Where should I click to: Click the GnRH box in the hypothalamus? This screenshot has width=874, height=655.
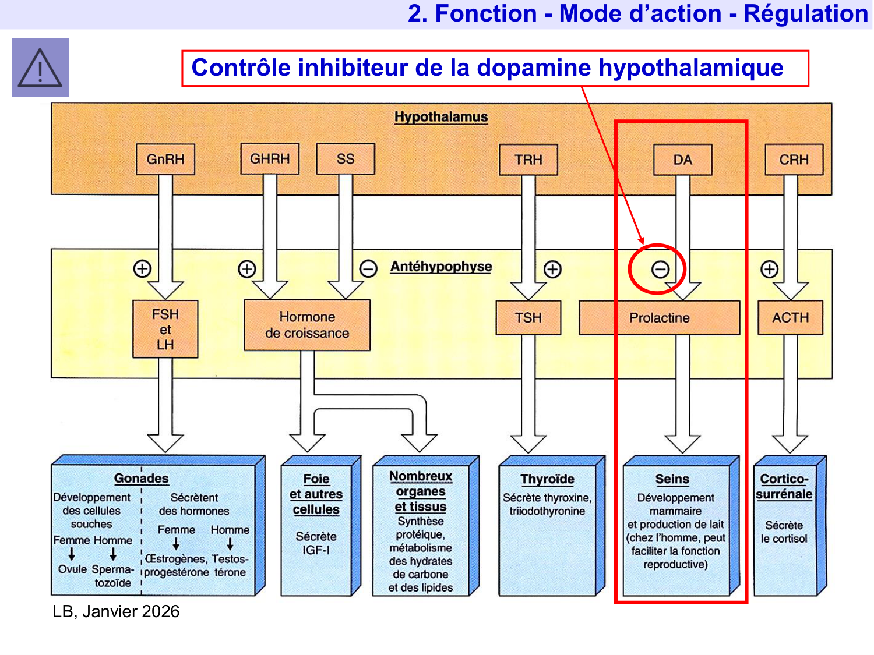[x=165, y=160]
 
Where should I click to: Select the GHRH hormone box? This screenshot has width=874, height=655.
[x=270, y=159]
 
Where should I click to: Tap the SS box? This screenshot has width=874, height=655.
[x=346, y=159]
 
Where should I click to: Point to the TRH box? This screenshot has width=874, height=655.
[x=528, y=160]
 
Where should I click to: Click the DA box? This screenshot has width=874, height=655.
[x=683, y=160]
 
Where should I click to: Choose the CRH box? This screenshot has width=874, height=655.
[x=794, y=160]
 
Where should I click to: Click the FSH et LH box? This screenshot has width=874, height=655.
[x=165, y=329]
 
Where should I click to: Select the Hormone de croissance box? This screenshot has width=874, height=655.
[x=307, y=325]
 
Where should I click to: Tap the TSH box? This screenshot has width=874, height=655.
[x=528, y=317]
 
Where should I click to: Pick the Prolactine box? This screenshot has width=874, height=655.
[x=659, y=317]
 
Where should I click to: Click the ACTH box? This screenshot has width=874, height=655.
[x=791, y=317]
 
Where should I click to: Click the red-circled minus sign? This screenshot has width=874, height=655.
[x=660, y=269]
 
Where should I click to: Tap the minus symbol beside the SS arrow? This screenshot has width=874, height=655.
[x=368, y=268]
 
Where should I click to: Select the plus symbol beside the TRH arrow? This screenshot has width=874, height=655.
[x=552, y=269]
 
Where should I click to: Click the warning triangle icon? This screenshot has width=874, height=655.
[x=40, y=68]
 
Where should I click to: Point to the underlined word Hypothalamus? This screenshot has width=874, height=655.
[x=441, y=116]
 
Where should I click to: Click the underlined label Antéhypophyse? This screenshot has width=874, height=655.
[x=441, y=267]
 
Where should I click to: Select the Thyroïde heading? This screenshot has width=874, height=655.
[x=547, y=479]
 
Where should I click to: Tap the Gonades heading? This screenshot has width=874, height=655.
[x=141, y=478]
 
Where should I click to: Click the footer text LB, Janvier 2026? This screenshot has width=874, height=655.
[x=116, y=611]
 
